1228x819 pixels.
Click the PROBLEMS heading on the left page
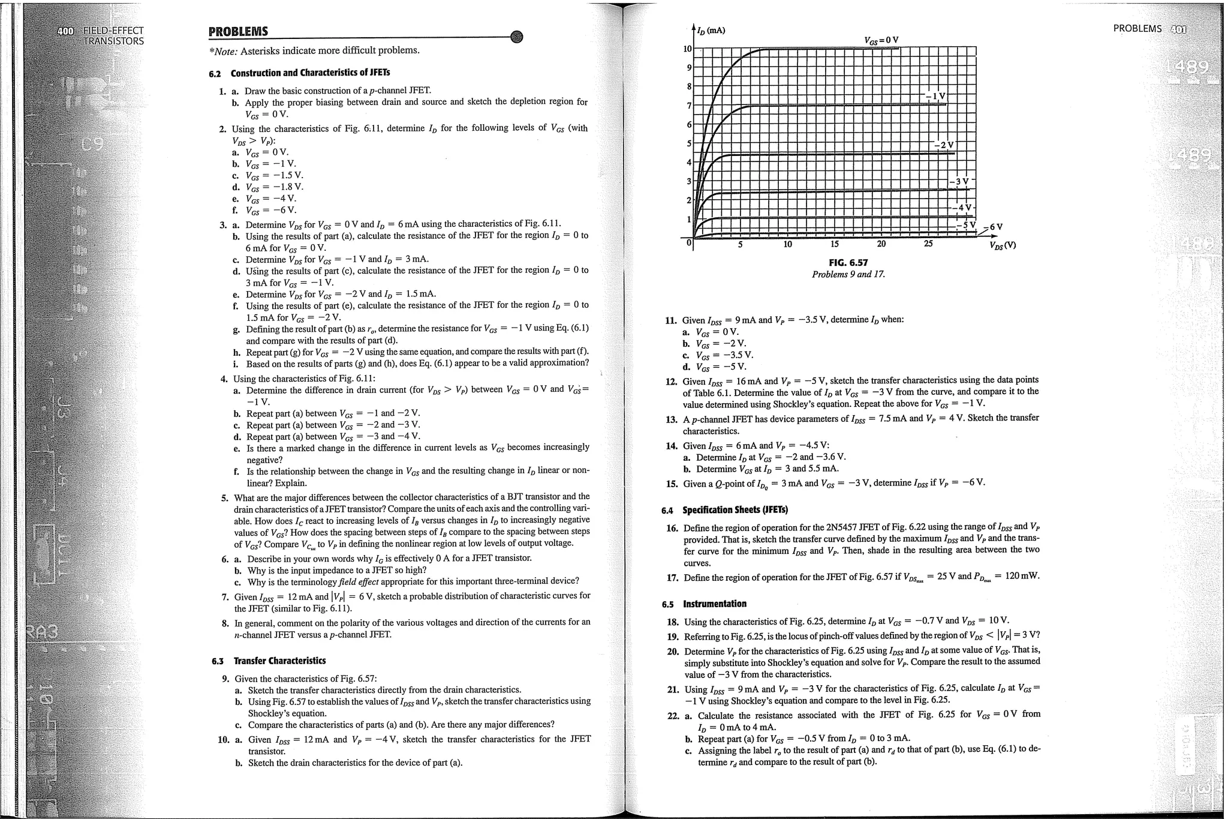pos(238,32)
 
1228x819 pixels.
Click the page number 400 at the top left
pos(65,30)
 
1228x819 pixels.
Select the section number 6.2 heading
pos(215,73)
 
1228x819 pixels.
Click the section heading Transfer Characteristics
pos(279,661)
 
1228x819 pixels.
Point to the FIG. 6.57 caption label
pos(848,263)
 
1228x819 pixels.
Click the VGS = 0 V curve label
pos(881,40)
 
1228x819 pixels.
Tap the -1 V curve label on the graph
pos(935,96)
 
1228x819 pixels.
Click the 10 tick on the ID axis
pos(688,49)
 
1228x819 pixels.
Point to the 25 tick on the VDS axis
pos(928,244)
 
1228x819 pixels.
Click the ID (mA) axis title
pos(712,30)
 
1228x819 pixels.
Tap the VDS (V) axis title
pos(1003,245)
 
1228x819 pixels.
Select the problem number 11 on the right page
pos(671,320)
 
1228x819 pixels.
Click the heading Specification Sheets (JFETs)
pos(735,510)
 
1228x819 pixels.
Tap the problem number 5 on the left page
pos(224,498)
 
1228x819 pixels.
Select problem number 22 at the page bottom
pos(673,716)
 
